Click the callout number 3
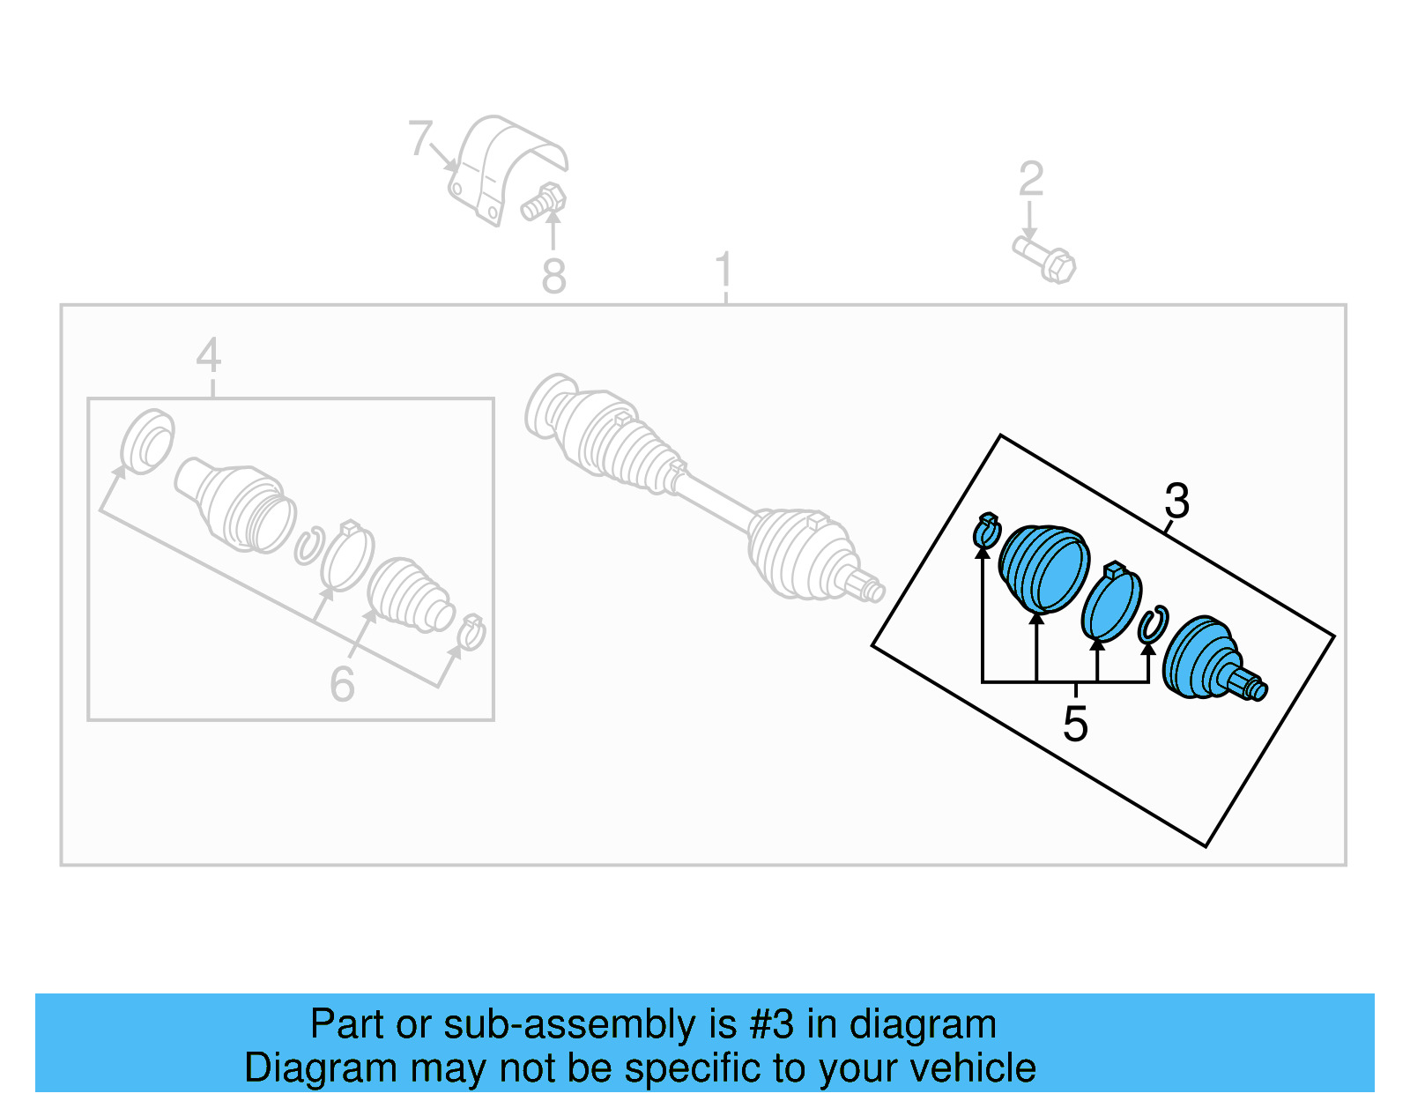click(x=1176, y=502)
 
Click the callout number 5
click(x=1075, y=724)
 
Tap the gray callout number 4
click(x=208, y=356)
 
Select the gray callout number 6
click(x=342, y=684)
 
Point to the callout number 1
click(x=724, y=270)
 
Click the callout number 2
click(x=1030, y=179)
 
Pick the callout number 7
click(x=420, y=138)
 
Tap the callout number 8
click(x=553, y=277)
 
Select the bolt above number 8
click(x=544, y=202)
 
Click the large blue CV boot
click(x=1044, y=569)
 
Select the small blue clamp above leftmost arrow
click(x=986, y=531)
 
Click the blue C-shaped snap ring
click(x=1152, y=625)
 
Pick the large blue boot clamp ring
click(x=1111, y=603)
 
